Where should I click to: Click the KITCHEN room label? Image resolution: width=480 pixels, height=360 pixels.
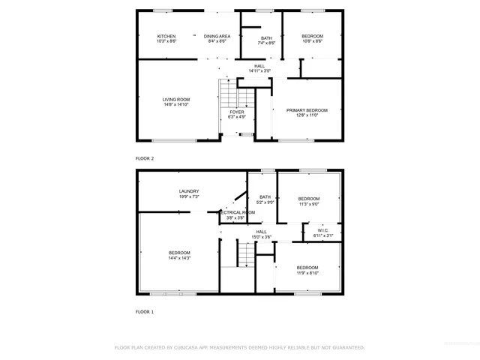pos(166,37)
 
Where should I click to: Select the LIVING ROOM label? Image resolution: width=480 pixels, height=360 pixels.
pos(177,100)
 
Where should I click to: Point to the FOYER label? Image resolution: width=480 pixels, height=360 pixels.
pos(237,112)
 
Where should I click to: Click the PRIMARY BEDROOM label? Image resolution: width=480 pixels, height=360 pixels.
pos(307,110)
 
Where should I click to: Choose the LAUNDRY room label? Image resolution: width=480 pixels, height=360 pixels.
pos(189,191)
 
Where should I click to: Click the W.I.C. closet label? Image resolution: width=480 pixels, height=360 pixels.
pos(322,231)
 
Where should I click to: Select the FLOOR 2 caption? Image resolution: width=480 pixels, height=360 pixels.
pos(145,159)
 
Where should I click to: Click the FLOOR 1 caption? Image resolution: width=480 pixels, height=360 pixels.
pos(145,311)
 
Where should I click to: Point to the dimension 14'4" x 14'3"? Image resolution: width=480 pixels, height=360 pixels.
pos(179,258)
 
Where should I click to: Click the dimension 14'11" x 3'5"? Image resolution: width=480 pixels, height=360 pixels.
pos(259,71)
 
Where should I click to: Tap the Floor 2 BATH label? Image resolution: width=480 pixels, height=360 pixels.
pos(266,38)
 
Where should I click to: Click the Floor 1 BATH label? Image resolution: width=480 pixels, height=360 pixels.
pos(265,197)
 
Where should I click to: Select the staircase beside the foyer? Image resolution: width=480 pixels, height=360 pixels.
pos(226,94)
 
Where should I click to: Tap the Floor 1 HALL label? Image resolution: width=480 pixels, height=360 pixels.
pos(261,232)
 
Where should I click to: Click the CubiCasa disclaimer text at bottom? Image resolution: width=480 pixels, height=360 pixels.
pos(239,347)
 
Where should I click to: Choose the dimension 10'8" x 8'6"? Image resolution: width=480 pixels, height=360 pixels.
pos(312,42)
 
